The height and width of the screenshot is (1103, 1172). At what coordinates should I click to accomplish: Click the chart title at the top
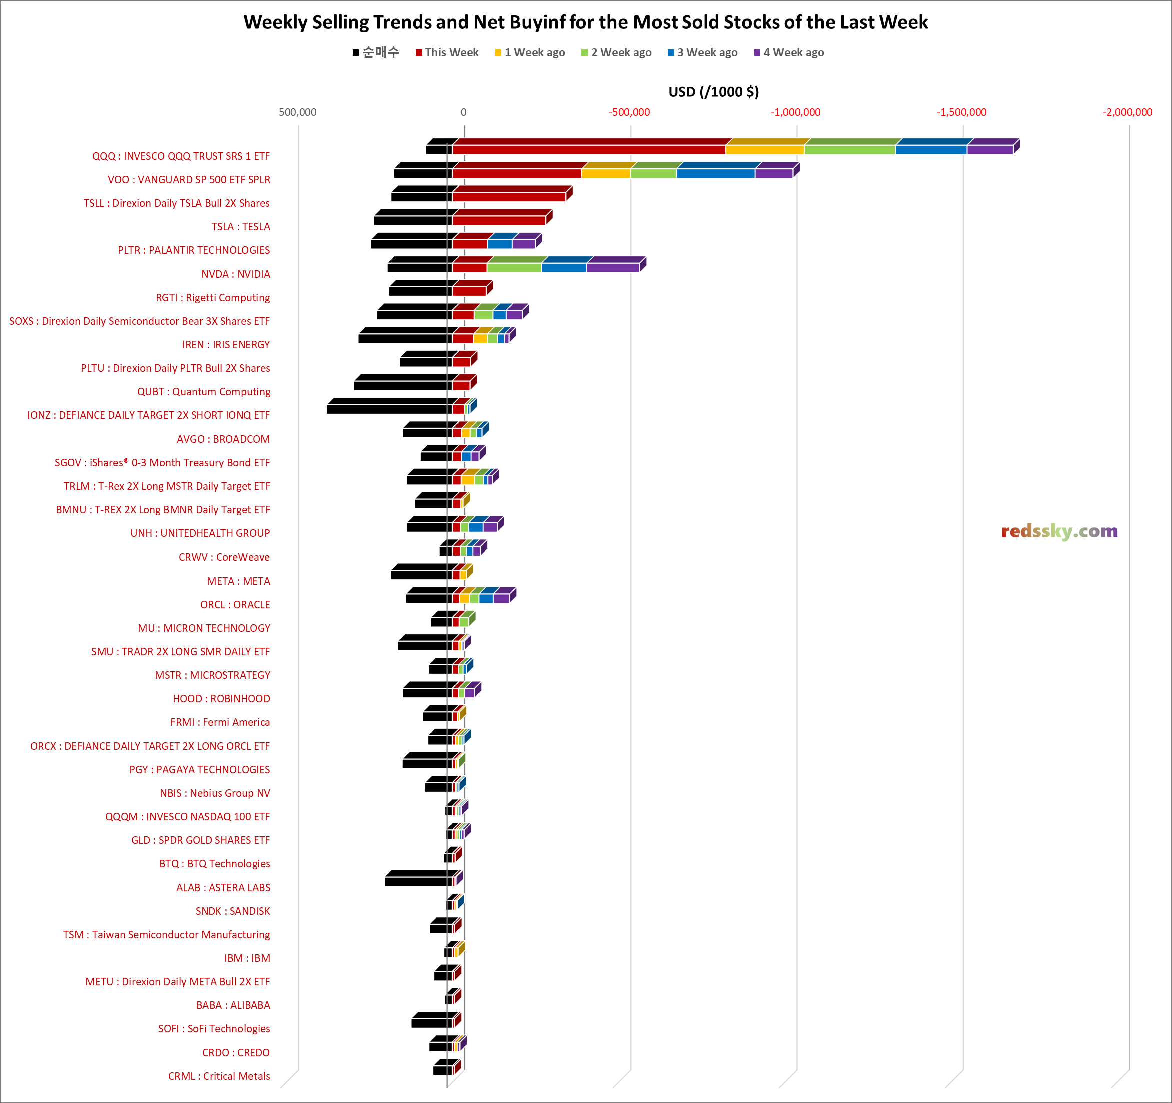pos(585,22)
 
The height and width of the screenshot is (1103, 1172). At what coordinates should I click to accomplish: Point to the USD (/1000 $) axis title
pos(713,92)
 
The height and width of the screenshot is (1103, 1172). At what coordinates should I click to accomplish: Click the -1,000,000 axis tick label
pos(795,112)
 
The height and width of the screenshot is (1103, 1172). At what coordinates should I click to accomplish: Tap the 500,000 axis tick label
pos(297,112)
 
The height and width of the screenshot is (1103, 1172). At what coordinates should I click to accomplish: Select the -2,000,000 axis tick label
pos(1127,112)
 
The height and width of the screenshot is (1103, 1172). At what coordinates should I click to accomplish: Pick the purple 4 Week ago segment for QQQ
pos(990,149)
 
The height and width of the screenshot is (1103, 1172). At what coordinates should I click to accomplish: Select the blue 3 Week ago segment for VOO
pos(716,173)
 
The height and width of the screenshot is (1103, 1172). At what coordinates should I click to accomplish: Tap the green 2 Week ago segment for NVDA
pos(514,267)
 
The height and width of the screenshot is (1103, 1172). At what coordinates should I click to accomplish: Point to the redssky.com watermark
pos(1059,531)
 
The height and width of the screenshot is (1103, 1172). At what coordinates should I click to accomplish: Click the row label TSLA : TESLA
pos(241,227)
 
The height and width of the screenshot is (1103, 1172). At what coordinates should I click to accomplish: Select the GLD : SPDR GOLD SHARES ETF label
pos(200,840)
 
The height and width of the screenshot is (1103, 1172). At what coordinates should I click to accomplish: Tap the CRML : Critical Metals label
pos(219,1076)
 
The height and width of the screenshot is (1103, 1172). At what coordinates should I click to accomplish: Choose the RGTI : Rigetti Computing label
pos(212,297)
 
